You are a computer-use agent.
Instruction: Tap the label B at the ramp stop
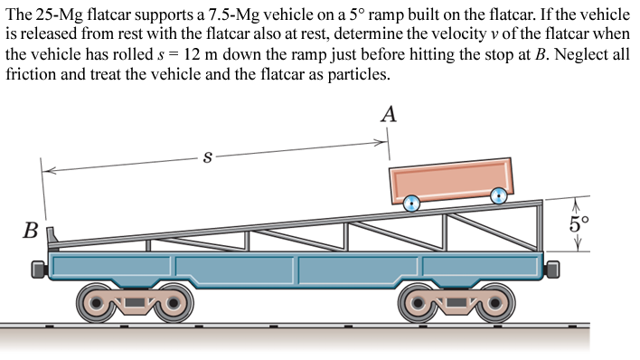click(31, 231)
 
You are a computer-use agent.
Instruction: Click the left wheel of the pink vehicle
click(412, 204)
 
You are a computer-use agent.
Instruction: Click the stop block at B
click(52, 237)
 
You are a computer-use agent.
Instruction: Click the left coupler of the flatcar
click(36, 268)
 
